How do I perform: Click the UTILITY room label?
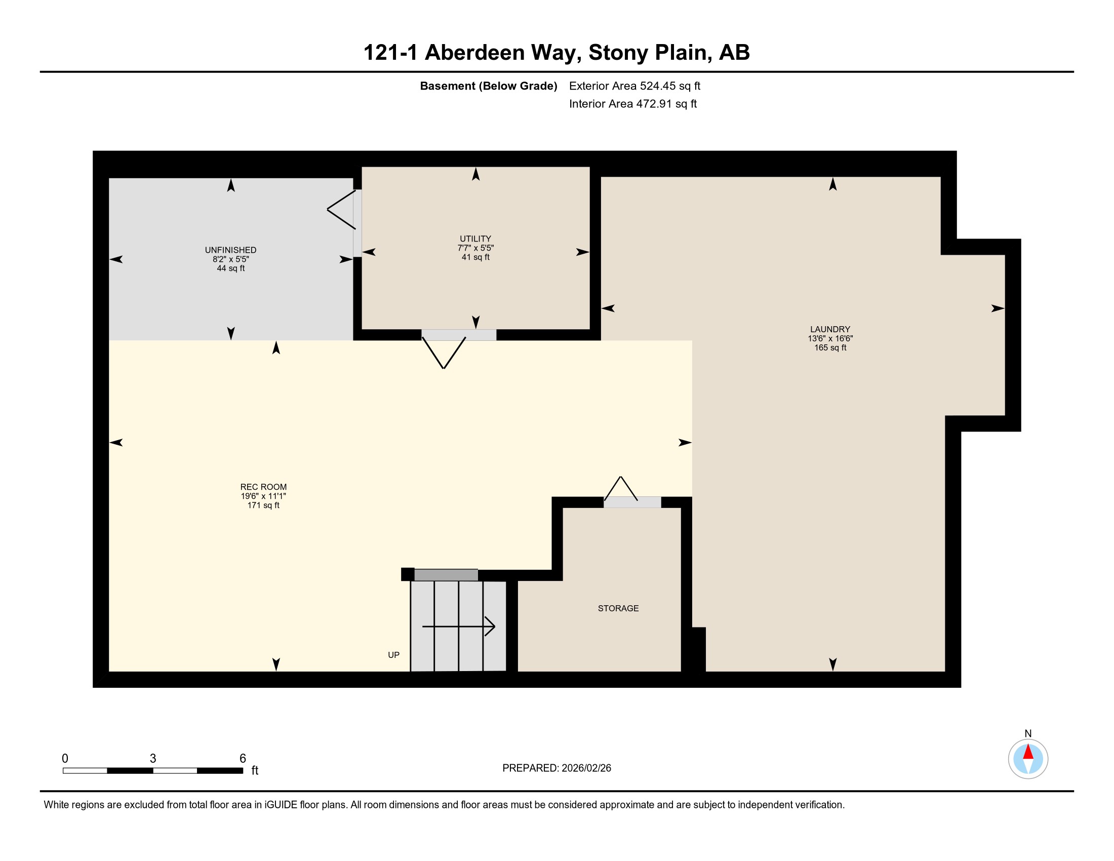(475, 239)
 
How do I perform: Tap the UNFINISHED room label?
(230, 250)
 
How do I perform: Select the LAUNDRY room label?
(830, 330)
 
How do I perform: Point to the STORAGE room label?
(618, 608)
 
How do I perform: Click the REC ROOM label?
(263, 487)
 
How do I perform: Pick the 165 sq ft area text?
(830, 348)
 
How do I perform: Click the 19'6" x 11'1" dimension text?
(263, 496)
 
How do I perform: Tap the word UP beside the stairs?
(393, 655)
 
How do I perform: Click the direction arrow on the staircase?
(459, 627)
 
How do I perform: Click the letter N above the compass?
(1028, 733)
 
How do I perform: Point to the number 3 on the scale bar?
(152, 759)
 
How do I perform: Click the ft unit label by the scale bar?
(255, 770)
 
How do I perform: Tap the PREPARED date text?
(556, 768)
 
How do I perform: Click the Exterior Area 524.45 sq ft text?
(634, 86)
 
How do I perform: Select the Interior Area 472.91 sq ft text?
(632, 104)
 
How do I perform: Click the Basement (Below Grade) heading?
(488, 86)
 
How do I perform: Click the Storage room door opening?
(632, 502)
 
